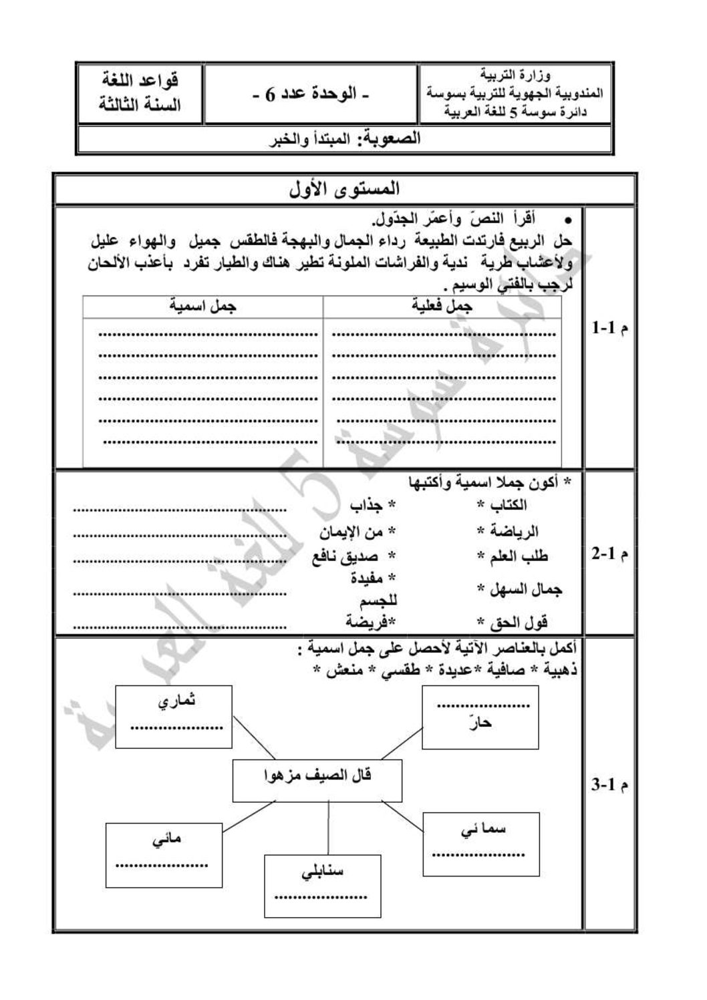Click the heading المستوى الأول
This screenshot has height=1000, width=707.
[x=345, y=190]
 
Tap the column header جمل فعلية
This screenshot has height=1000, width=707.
[x=442, y=307]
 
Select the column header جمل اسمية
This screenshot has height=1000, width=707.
[x=202, y=307]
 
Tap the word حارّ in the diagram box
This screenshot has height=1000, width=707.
[x=480, y=723]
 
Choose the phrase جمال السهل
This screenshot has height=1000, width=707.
[x=526, y=589]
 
